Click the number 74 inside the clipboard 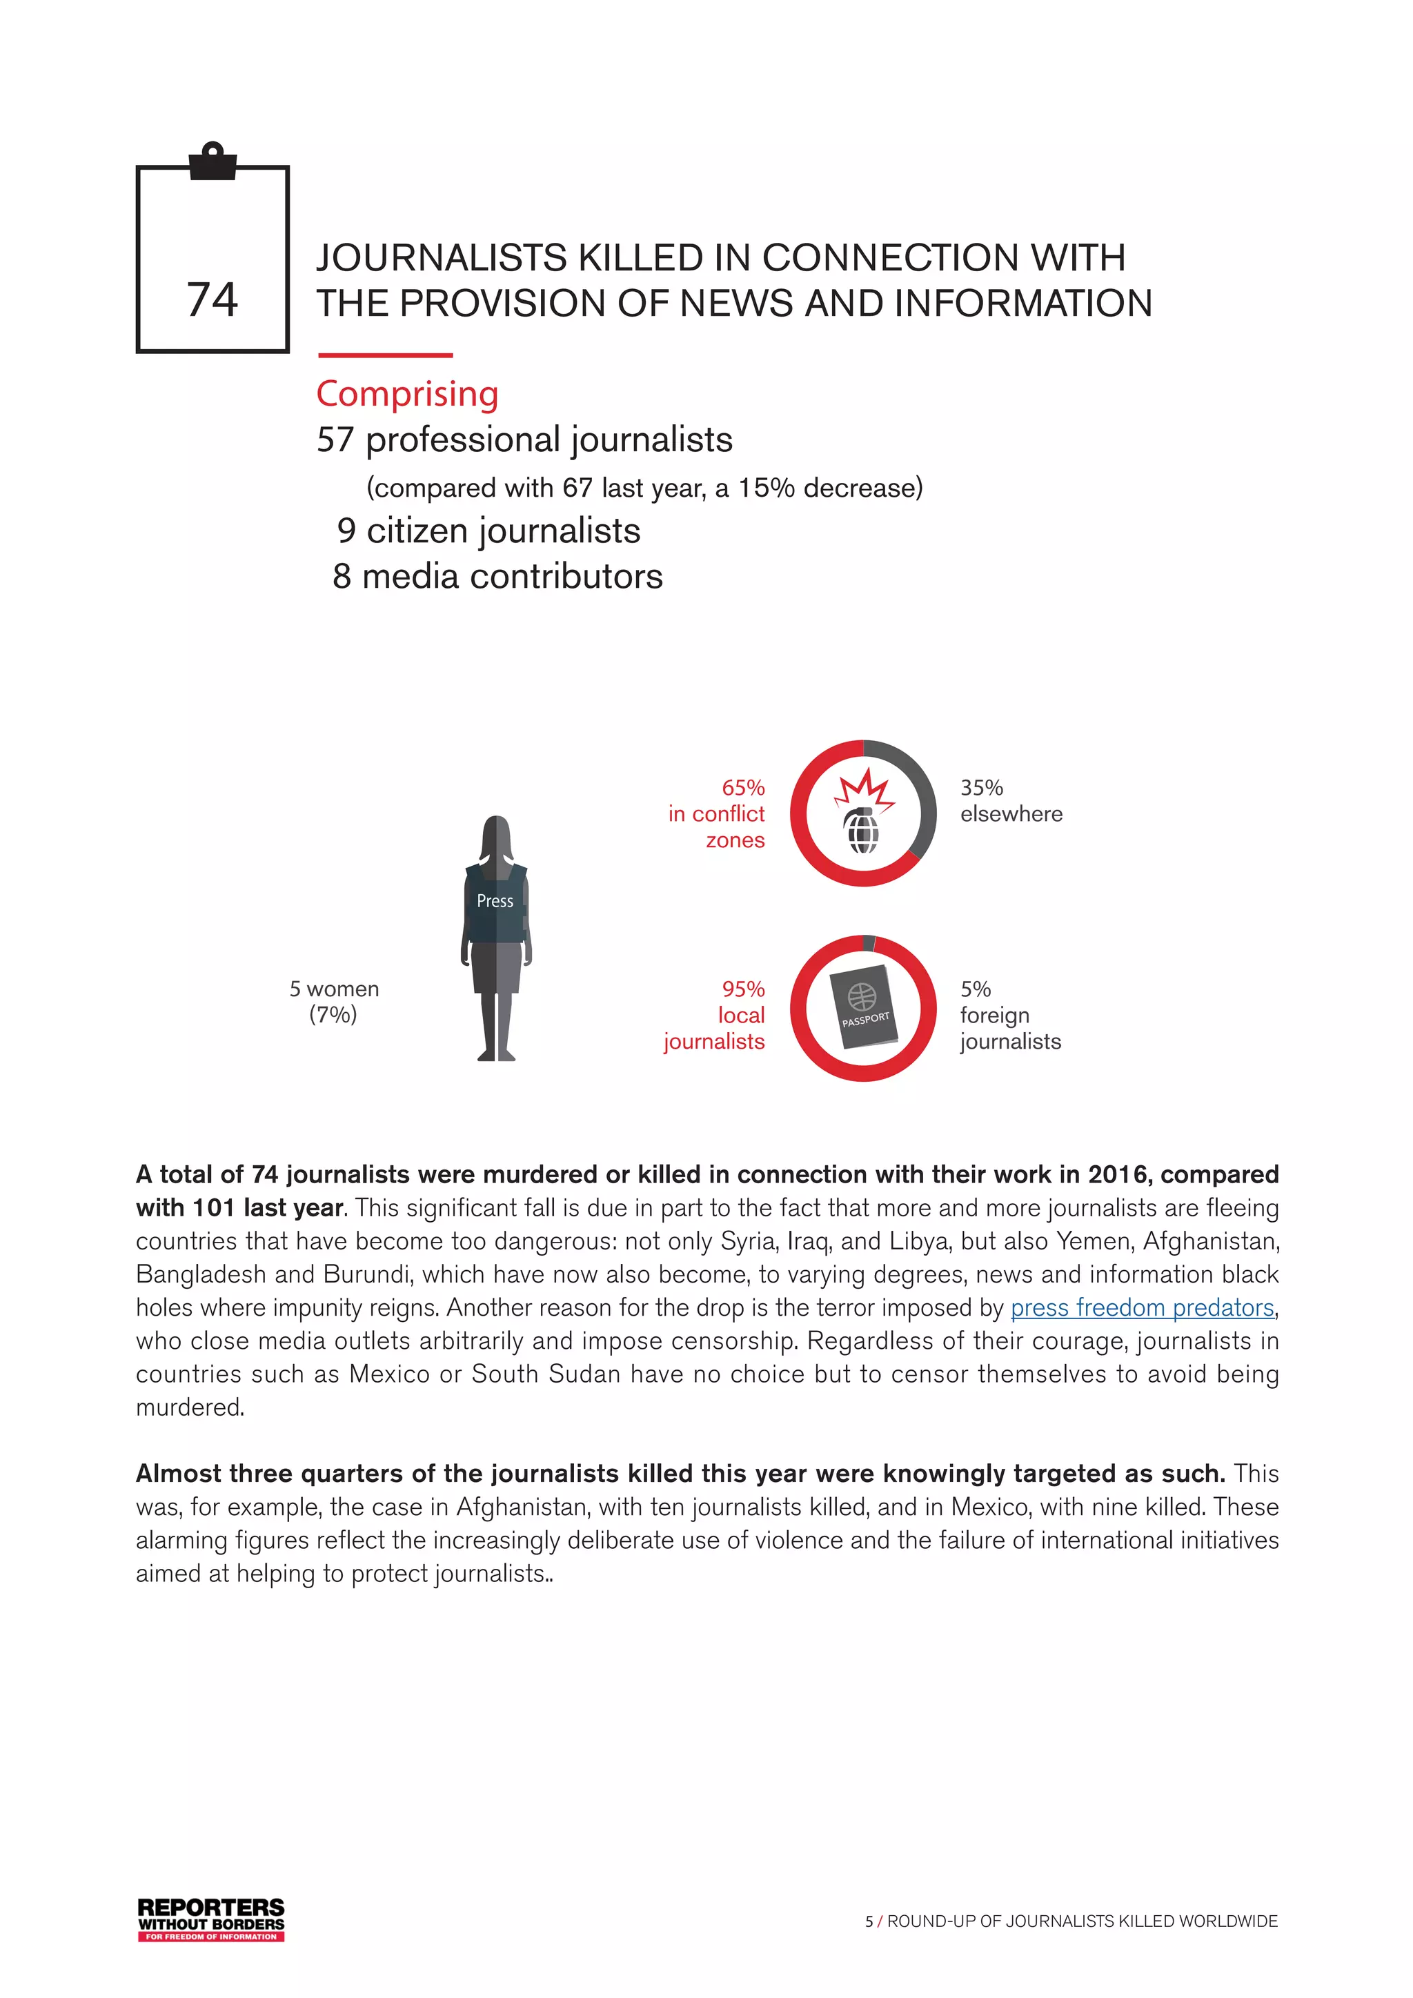point(213,300)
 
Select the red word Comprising point(407,393)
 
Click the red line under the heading point(386,355)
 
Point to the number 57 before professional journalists point(335,439)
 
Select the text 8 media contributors point(497,576)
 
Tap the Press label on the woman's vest point(495,900)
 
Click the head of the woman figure point(496,835)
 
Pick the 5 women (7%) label point(334,1002)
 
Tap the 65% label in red point(743,787)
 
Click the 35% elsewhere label point(1010,800)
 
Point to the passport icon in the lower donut point(863,1008)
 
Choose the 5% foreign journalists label point(1009,1015)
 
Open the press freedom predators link point(1142,1307)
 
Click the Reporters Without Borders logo point(211,1919)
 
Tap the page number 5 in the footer point(869,1921)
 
